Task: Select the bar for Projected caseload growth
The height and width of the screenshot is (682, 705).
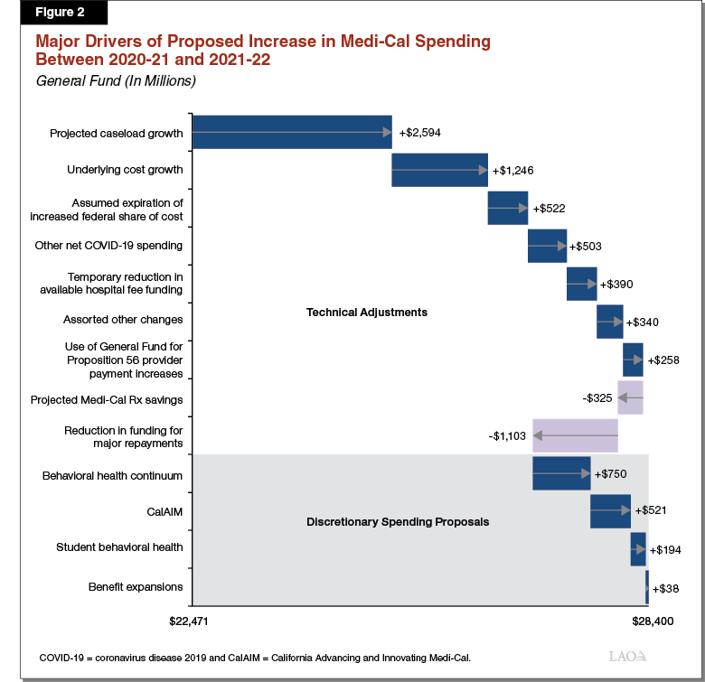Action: (292, 133)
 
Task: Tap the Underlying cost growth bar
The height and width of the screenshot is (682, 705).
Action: (439, 170)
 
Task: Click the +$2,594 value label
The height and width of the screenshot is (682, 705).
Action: (420, 133)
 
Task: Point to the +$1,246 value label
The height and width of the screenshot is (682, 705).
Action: (517, 170)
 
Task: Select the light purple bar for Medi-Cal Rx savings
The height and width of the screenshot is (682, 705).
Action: (630, 397)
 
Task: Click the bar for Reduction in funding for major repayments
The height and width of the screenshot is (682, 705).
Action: (575, 435)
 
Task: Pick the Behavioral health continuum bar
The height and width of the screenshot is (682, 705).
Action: (561, 473)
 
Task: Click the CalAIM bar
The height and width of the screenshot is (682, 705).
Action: (610, 511)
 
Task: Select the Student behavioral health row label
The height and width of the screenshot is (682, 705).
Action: (119, 547)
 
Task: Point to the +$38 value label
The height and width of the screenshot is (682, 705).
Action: (665, 587)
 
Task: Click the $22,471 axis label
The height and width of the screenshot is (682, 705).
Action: (191, 621)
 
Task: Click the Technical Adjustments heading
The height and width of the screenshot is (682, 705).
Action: (367, 313)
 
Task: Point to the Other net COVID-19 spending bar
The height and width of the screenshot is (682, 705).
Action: (547, 246)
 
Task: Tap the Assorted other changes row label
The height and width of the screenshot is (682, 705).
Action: (123, 320)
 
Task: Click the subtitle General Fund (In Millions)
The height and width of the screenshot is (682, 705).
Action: (116, 81)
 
